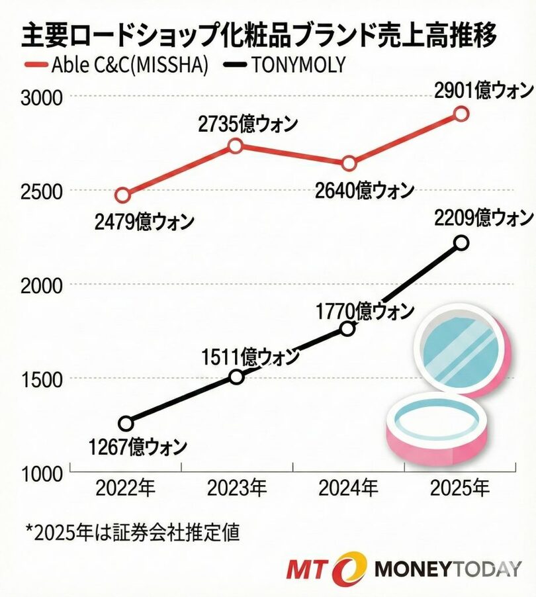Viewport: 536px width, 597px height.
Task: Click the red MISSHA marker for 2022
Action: (122, 195)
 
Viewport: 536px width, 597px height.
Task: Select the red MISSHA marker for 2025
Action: (461, 114)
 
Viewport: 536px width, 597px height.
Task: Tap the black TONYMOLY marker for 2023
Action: (236, 377)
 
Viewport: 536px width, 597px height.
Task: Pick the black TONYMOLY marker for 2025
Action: (461, 243)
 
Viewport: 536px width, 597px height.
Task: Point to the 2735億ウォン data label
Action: (247, 124)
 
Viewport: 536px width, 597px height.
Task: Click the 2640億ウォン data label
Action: (365, 191)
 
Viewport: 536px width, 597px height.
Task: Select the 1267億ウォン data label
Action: (138, 447)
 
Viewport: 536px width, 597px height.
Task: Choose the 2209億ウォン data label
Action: (484, 217)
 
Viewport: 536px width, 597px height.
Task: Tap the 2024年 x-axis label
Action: (348, 489)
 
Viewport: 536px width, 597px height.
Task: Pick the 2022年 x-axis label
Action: (126, 489)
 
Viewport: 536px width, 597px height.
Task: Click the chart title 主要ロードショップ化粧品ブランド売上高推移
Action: (259, 35)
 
